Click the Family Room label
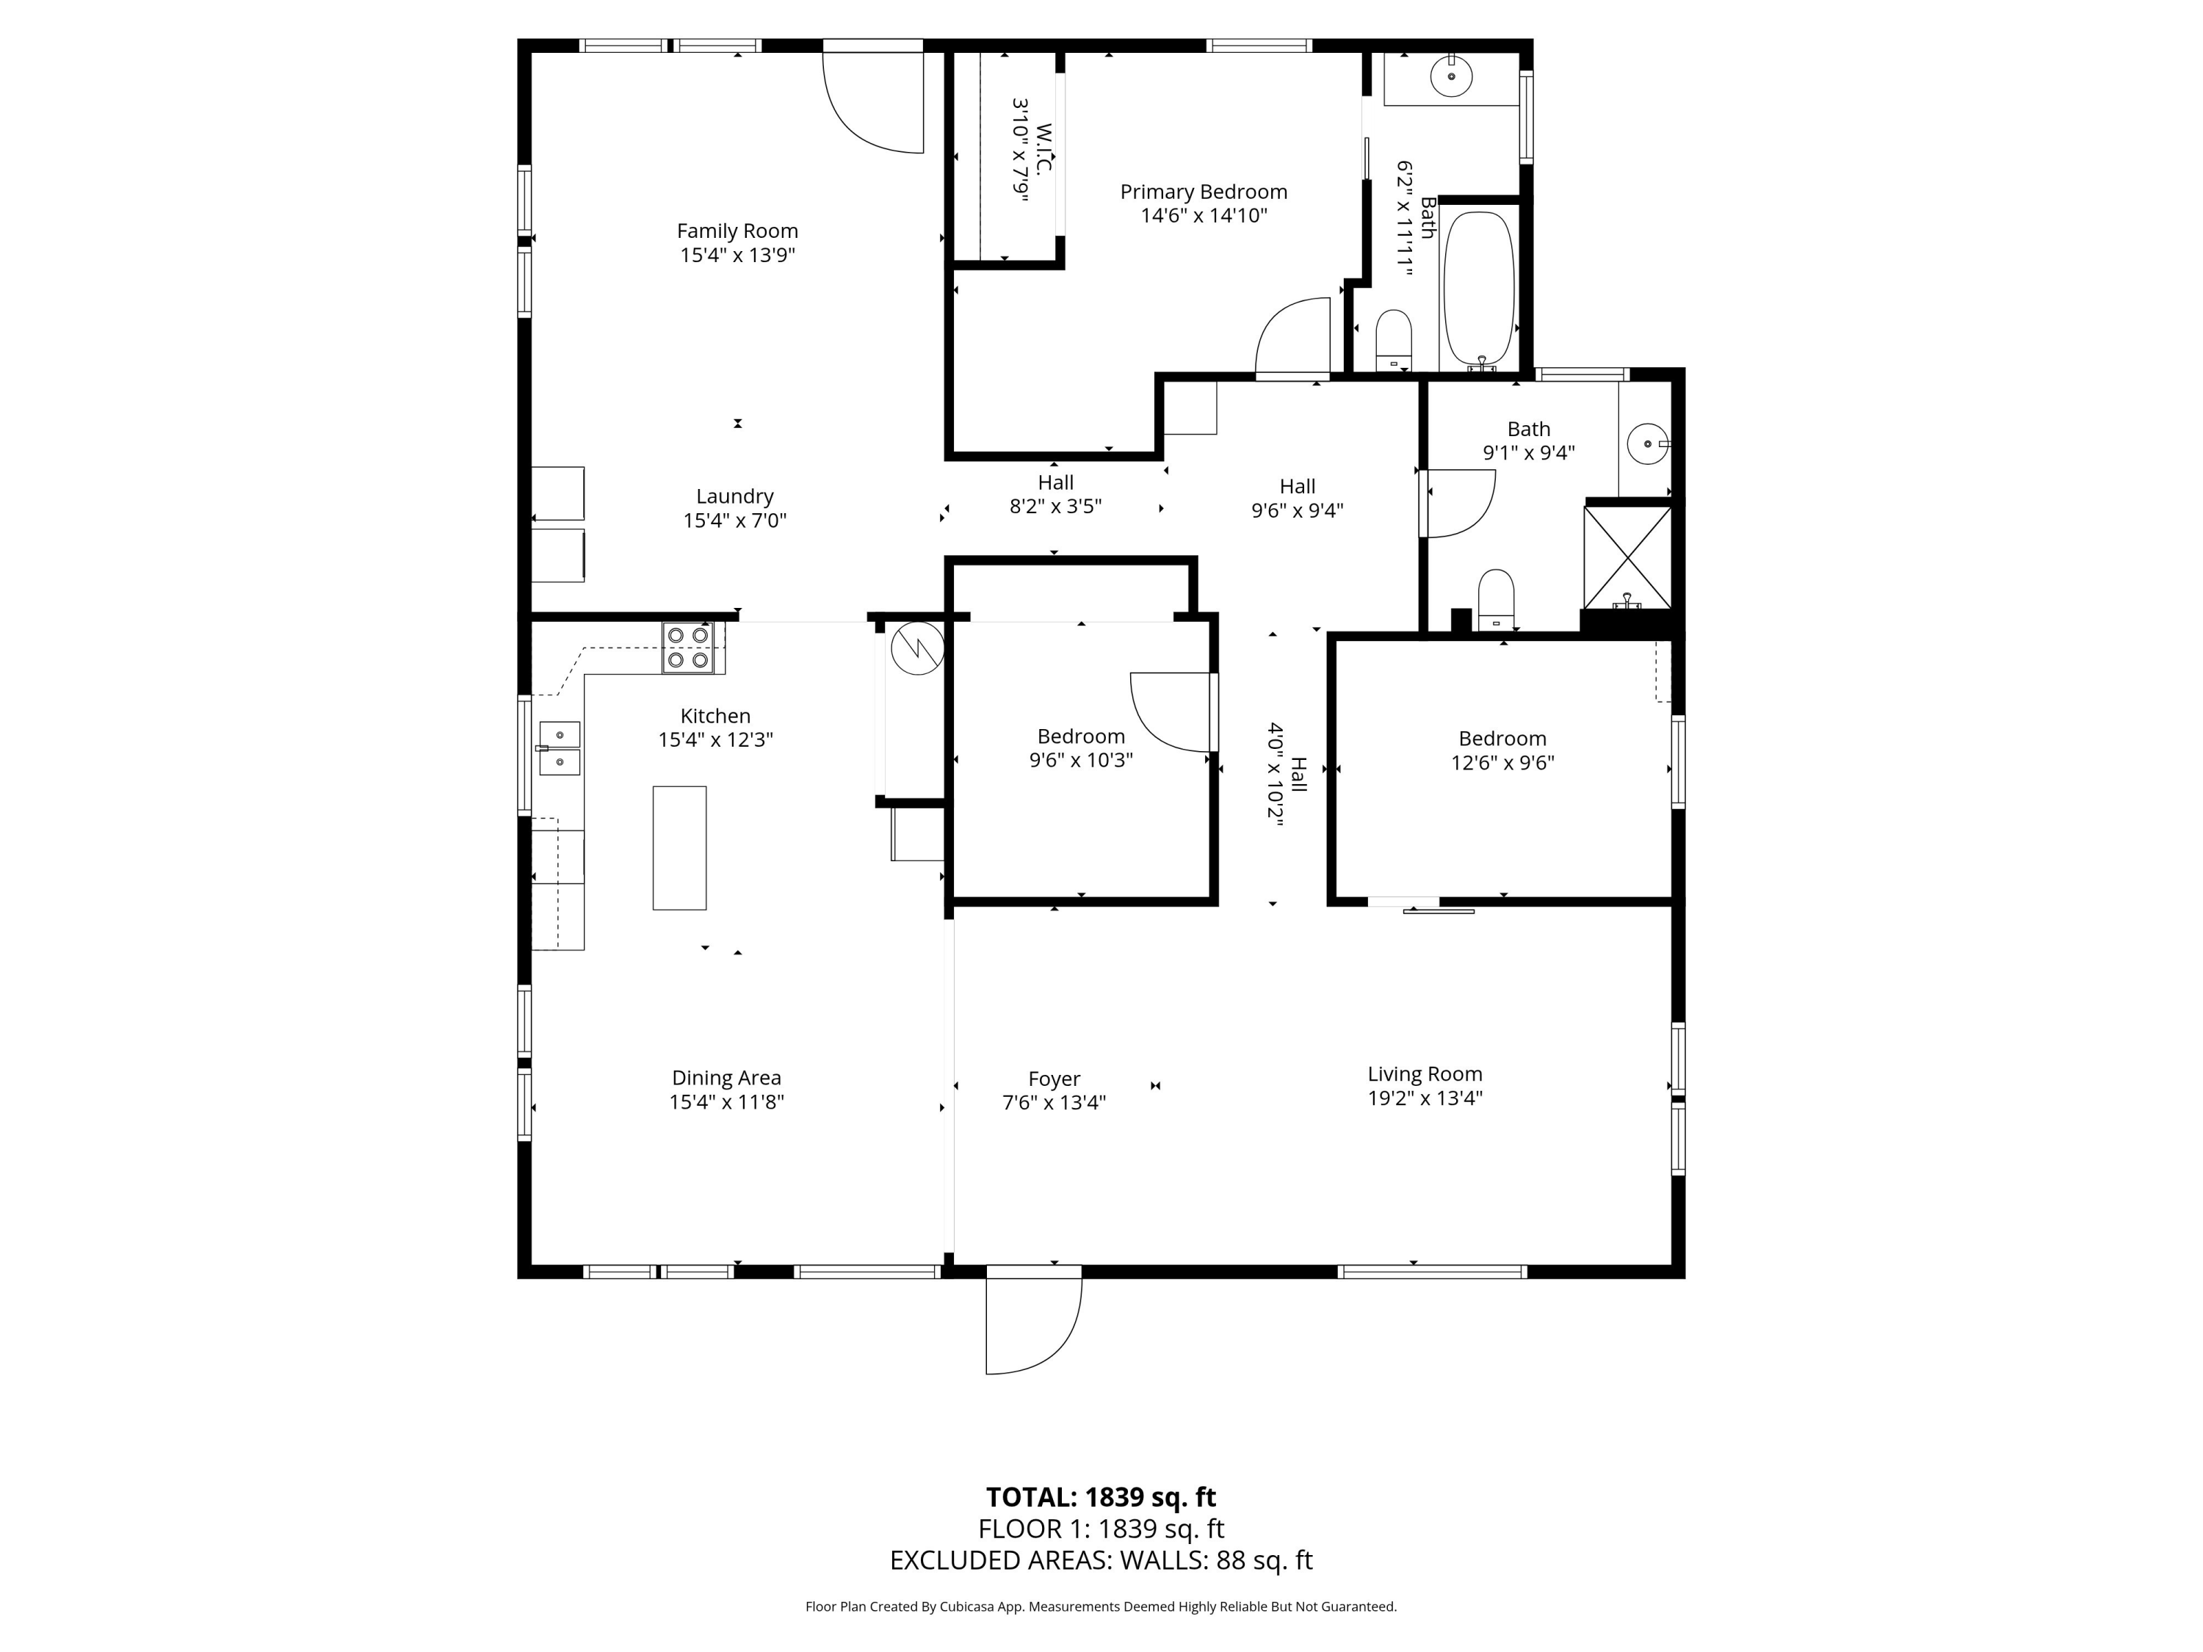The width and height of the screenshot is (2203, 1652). pos(737,231)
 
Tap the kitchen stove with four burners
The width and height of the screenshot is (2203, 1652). pos(688,648)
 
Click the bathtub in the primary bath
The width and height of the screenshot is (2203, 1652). pos(1479,289)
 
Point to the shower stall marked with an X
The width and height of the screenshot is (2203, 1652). pos(1627,557)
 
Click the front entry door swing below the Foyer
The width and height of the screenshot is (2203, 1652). pos(1034,1325)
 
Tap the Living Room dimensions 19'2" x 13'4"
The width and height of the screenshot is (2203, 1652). pos(1425,1098)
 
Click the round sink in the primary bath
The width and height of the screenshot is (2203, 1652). pos(1451,76)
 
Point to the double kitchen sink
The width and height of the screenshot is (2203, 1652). pos(560,748)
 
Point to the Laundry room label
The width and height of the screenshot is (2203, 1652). pos(734,496)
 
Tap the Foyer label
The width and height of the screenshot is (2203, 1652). pos(1054,1079)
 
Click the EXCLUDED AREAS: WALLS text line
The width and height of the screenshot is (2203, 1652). pos(1101,1560)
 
